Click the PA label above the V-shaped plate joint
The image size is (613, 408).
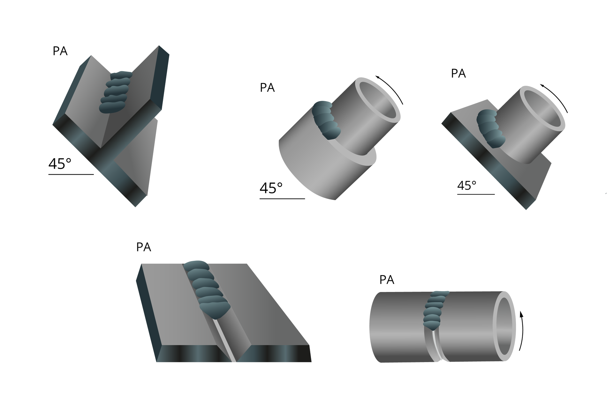tap(60, 51)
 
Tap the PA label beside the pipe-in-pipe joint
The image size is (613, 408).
tap(267, 88)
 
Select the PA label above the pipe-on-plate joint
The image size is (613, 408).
tap(458, 74)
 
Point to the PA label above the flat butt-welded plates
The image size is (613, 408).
tap(143, 247)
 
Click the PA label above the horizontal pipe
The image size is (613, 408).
tap(387, 280)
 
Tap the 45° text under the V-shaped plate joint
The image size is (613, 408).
tap(60, 164)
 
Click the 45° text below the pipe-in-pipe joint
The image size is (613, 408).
tap(271, 188)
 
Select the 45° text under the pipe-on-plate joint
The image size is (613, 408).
tap(466, 185)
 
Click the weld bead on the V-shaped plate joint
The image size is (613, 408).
tap(116, 92)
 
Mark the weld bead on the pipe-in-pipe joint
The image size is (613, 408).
tap(326, 120)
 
